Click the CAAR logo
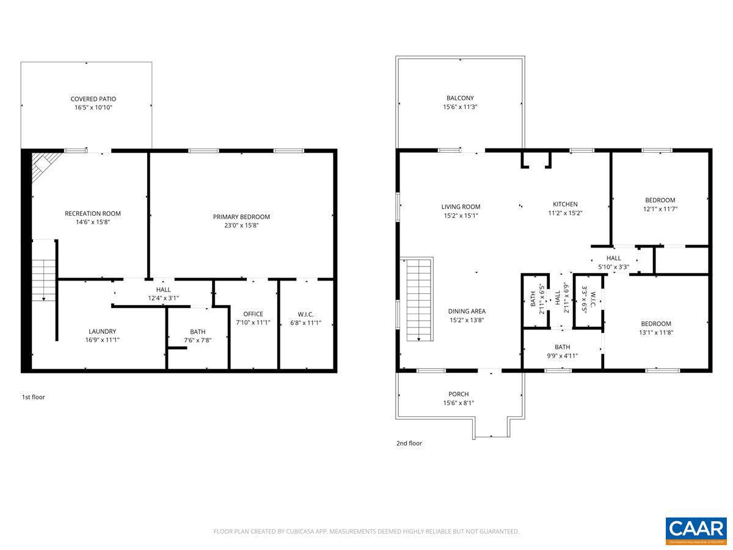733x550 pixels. click(696, 530)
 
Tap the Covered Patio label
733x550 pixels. click(93, 99)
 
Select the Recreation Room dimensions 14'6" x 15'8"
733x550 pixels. click(93, 222)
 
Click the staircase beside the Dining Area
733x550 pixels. click(419, 299)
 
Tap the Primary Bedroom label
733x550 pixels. click(241, 217)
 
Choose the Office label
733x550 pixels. click(253, 314)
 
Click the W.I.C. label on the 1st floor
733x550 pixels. click(306, 314)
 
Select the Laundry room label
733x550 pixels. click(102, 332)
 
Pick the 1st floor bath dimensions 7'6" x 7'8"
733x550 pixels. click(197, 340)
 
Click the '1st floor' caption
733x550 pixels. click(34, 397)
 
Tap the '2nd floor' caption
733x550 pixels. click(409, 444)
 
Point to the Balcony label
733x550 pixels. click(460, 98)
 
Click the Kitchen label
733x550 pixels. click(565, 205)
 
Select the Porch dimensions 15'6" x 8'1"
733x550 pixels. click(458, 403)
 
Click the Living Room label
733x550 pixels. click(461, 207)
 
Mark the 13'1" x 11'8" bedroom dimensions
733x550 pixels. click(655, 332)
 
